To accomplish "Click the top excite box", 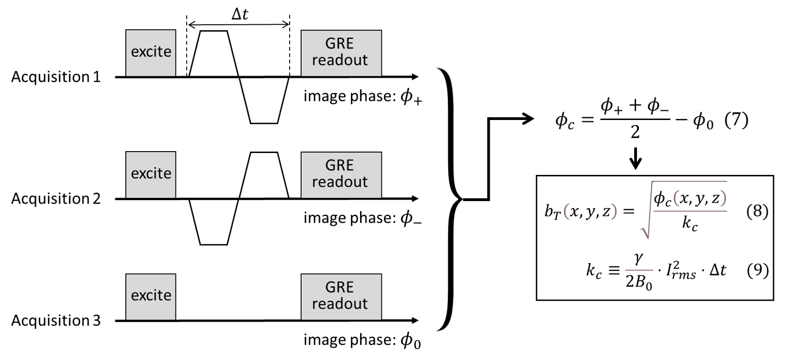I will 151,52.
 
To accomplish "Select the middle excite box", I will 151,174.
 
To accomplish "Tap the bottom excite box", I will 151,296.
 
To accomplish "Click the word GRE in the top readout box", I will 339,44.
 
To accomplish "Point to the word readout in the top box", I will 340,60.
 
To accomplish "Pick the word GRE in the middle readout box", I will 339,166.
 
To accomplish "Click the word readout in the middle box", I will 340,182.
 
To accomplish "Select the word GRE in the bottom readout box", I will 339,288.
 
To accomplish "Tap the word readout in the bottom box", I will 340,304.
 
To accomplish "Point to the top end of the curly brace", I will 439,69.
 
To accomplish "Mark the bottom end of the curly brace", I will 439,329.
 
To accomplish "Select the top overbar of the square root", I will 690,182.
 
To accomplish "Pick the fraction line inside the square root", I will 690,211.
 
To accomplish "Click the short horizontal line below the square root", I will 638,270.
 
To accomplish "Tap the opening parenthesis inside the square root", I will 676,198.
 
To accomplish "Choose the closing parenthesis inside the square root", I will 723,198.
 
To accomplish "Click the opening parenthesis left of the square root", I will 566,211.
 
